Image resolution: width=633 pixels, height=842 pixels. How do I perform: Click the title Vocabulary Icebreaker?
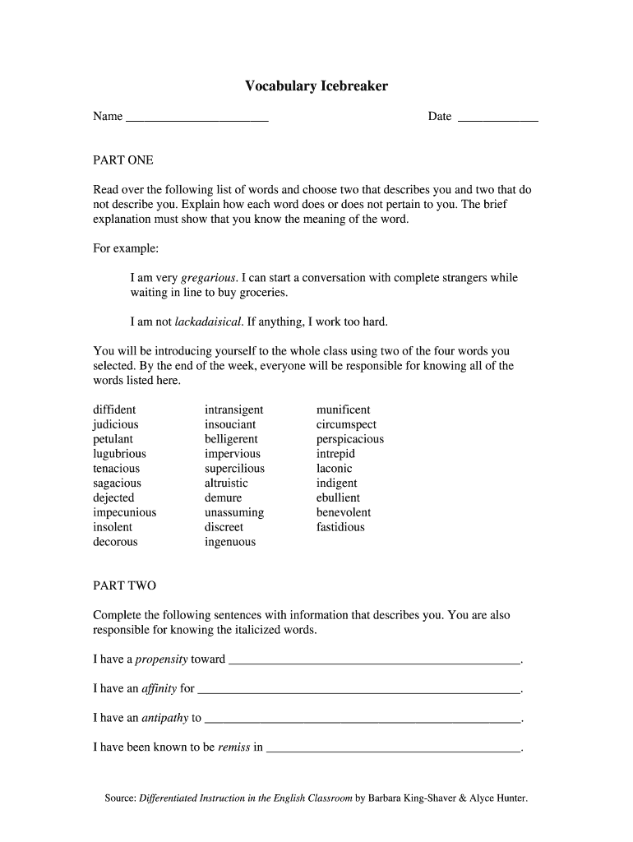pos(316,86)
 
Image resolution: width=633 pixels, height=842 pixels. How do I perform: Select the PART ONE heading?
pos(123,160)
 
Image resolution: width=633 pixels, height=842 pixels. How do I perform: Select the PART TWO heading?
pos(124,586)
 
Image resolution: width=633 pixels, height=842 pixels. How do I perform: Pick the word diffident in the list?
pos(114,409)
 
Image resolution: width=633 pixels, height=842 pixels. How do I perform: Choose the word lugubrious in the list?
pos(119,454)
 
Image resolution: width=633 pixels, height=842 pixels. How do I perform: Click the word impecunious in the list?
pos(124,512)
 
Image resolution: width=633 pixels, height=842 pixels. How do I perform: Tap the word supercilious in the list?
pos(234,469)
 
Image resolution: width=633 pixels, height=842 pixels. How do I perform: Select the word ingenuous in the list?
pos(230,542)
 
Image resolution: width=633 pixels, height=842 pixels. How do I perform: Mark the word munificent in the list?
pos(343,409)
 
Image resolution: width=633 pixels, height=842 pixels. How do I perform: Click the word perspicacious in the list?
pos(349,439)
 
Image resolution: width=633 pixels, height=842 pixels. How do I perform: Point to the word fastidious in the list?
pos(340,527)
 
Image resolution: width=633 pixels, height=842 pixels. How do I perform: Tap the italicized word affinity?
pos(159,688)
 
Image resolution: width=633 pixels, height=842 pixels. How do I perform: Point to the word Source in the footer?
pos(120,798)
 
